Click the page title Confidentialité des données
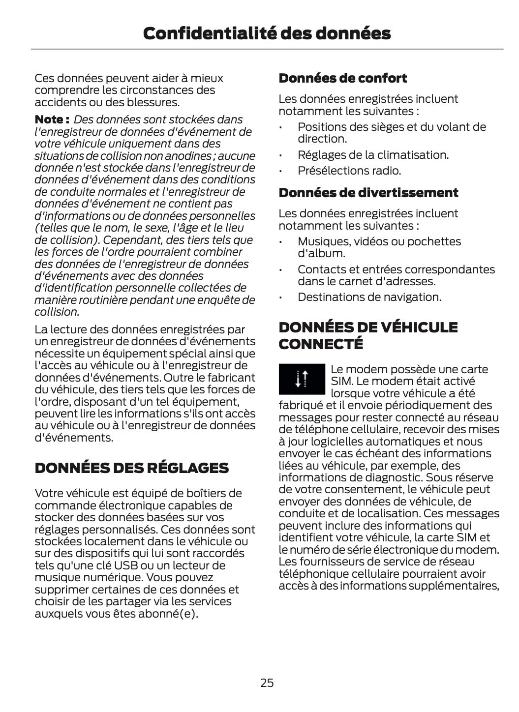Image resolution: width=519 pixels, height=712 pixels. click(x=267, y=33)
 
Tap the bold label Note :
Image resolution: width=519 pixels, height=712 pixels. click(x=52, y=119)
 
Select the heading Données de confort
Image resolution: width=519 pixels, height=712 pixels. click(x=342, y=78)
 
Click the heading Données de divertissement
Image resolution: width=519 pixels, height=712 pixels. click(x=368, y=193)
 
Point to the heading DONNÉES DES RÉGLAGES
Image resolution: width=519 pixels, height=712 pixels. click(x=131, y=468)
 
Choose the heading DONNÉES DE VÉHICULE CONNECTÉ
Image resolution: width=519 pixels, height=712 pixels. click(x=367, y=335)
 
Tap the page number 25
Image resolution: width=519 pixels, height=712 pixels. click(x=267, y=682)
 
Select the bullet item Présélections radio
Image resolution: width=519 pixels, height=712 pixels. click(x=349, y=171)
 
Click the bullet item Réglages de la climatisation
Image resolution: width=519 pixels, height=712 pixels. click(x=373, y=155)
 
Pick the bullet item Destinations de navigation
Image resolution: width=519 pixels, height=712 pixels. click(x=369, y=297)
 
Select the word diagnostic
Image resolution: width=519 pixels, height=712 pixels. click(x=395, y=477)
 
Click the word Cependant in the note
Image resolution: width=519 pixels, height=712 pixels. click(x=129, y=240)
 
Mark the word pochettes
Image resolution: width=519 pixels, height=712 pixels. click(x=434, y=241)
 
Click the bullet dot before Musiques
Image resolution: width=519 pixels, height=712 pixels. click(x=280, y=242)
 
